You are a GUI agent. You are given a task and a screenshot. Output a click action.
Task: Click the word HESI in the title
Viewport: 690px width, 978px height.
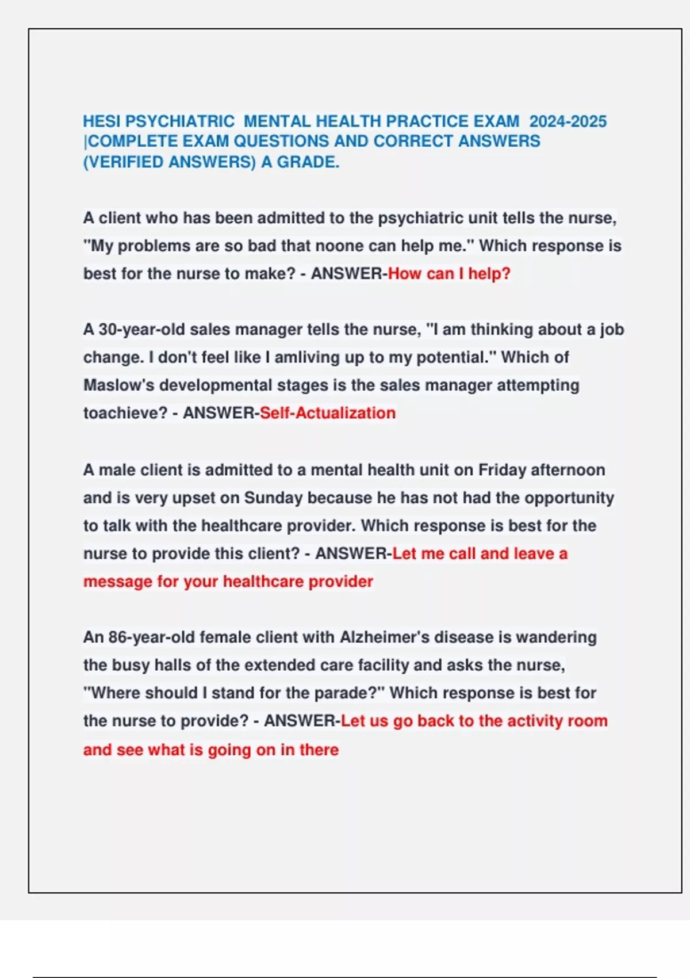(x=102, y=121)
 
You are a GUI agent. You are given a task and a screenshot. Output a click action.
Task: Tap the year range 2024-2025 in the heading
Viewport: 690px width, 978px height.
(x=568, y=121)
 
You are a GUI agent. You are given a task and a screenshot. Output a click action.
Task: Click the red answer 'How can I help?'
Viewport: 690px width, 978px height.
(x=449, y=273)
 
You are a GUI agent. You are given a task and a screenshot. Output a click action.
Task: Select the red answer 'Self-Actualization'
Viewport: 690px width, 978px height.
(x=328, y=413)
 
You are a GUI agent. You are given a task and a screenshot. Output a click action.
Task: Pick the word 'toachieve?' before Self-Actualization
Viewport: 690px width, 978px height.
(x=125, y=413)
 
